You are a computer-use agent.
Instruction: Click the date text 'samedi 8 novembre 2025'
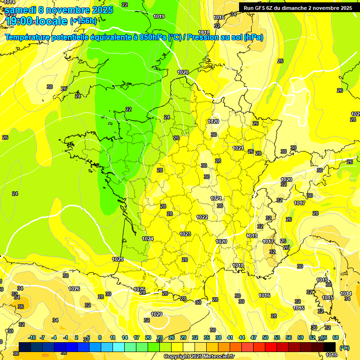59,10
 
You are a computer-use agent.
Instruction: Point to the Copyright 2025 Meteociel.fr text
199,356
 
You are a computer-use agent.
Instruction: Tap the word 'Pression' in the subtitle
203,37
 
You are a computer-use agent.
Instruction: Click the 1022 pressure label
202,217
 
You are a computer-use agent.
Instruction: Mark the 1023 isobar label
185,234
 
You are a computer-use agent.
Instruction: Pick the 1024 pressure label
148,239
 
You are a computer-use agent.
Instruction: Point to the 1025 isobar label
118,259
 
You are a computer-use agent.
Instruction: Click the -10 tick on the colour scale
32,337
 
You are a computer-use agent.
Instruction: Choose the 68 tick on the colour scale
336,337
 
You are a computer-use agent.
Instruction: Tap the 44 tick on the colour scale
242,337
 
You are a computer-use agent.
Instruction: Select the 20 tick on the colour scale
148,337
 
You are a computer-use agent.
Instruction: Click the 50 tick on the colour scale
265,337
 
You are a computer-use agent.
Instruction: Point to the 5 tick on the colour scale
88,337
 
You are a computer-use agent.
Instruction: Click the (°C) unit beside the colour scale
345,347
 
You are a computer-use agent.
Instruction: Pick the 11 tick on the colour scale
113,337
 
